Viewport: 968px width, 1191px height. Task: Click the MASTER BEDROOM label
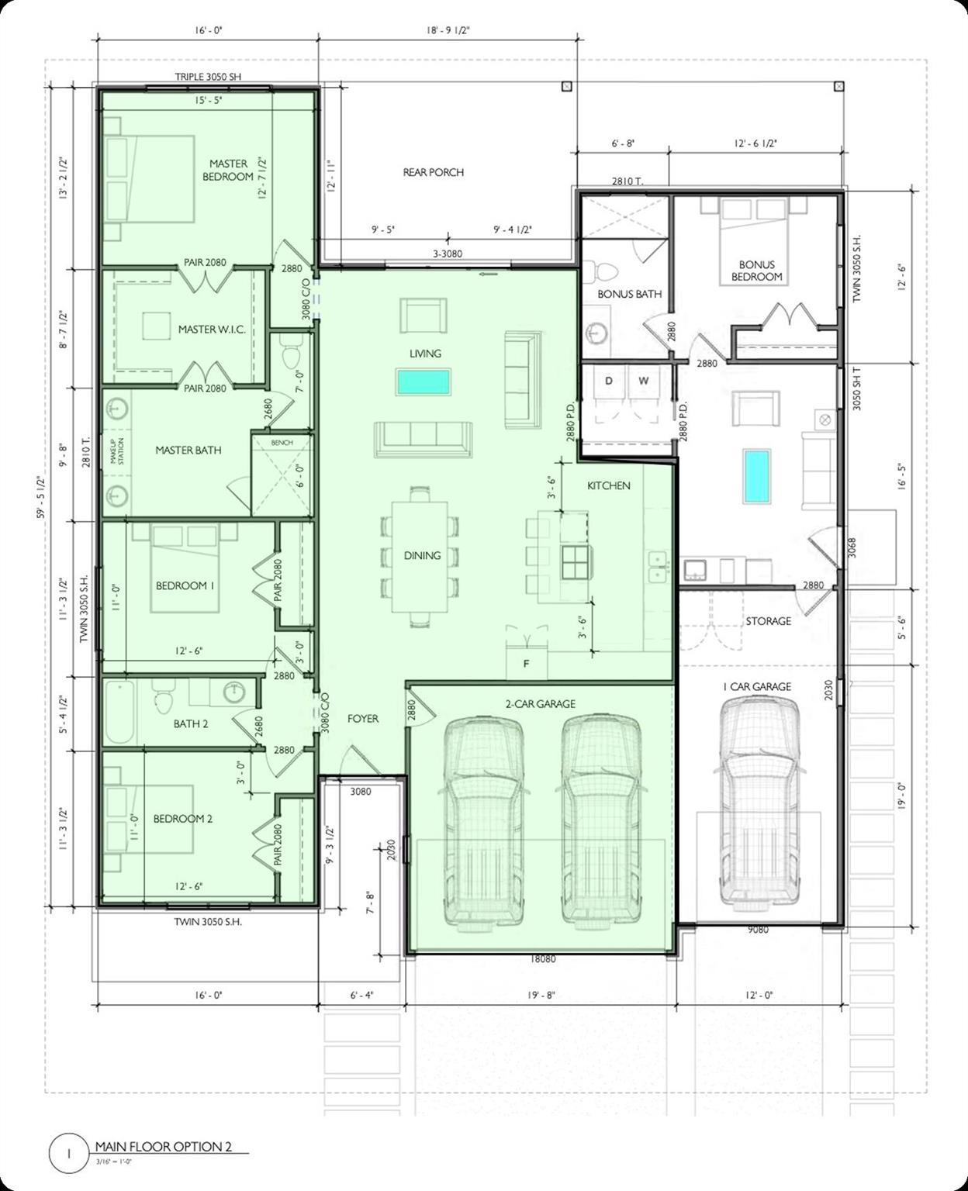pos(228,170)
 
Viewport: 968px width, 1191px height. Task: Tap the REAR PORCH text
pos(433,172)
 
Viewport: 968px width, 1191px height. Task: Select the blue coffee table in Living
pos(423,381)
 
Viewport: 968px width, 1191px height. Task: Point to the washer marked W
pos(643,381)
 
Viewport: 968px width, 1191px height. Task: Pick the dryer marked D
pos(609,381)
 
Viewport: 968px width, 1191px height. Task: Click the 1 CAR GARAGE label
pos(757,686)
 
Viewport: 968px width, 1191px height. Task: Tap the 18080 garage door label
pos(542,959)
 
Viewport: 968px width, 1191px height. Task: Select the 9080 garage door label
pos(757,929)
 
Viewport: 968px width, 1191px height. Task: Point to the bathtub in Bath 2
pos(121,712)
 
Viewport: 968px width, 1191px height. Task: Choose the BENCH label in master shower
pos(282,443)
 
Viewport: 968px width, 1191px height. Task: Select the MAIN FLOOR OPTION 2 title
pos(163,1147)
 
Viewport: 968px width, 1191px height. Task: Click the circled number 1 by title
pos(68,1153)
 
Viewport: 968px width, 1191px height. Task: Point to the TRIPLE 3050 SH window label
pos(208,77)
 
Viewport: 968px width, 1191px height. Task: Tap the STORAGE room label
pos(768,621)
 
